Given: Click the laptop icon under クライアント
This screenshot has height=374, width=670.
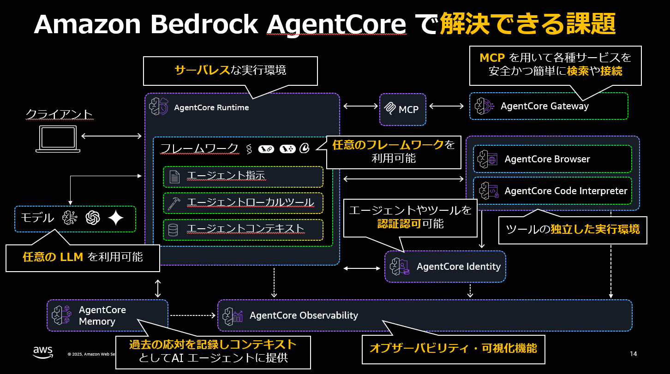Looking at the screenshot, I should [x=59, y=139].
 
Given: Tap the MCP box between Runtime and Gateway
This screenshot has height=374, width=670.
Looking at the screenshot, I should [x=402, y=110].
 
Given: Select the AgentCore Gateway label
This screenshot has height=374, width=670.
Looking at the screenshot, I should [x=544, y=106].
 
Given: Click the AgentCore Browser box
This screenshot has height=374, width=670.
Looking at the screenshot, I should [x=552, y=159].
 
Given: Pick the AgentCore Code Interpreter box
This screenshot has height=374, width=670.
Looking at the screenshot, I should [x=552, y=191].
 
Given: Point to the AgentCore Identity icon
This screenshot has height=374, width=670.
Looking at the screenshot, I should [x=399, y=267].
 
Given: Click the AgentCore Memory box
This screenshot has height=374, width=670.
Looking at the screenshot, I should [x=107, y=315].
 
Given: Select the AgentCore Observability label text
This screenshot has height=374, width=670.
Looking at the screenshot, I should [x=304, y=315].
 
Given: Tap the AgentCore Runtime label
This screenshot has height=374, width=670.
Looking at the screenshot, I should [x=211, y=107].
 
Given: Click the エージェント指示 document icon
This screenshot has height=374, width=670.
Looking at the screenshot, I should [x=174, y=177].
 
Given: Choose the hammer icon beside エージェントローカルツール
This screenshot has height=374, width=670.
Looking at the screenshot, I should [x=174, y=203].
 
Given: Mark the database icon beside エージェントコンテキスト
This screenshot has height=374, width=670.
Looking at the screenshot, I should [x=173, y=229].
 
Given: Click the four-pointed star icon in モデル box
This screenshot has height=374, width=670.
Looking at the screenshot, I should [x=116, y=218].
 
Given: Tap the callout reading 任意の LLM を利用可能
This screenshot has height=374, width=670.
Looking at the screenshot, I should [x=83, y=257].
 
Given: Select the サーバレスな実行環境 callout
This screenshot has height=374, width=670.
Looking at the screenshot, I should [x=230, y=71].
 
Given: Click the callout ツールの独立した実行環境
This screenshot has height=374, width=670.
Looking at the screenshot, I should [x=573, y=229].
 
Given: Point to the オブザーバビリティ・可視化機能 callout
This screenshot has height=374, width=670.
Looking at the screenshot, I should [x=453, y=348].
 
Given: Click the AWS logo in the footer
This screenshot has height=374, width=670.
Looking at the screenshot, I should [x=42, y=351].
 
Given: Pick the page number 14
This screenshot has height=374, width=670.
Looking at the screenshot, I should [x=633, y=354].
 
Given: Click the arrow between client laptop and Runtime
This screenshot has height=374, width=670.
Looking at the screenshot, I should [x=111, y=136].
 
